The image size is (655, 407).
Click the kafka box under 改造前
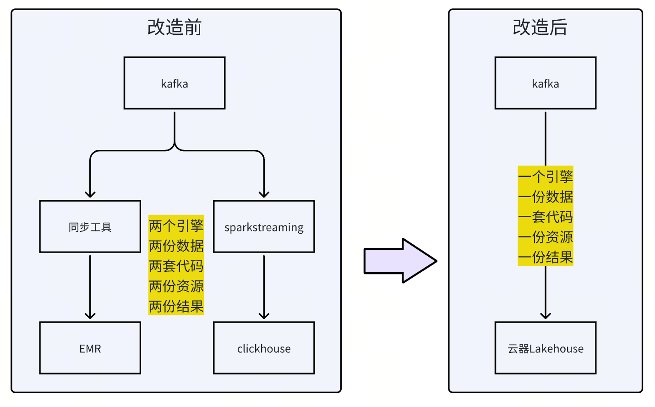coord(175,83)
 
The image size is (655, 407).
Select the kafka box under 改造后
coord(545,83)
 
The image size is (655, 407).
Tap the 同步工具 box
coord(90,226)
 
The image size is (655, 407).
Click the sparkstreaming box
coord(264,226)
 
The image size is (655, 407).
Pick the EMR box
coord(90,348)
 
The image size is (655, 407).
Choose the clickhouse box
coord(264,348)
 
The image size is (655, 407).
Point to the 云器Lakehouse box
coord(545,348)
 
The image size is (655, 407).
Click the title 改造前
coord(175,27)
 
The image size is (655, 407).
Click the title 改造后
coord(540,27)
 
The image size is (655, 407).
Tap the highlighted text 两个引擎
coord(176,225)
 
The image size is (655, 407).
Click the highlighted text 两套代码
coord(176,266)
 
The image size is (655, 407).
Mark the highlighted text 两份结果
coord(176,306)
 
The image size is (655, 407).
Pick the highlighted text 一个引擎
coord(546,176)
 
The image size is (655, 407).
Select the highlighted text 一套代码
coord(546,216)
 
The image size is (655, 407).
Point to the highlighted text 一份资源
coord(546,236)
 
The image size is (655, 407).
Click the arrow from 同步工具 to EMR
coord(90,286)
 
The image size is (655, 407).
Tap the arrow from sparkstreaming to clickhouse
coord(264,286)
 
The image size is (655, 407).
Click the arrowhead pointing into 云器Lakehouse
coord(545,316)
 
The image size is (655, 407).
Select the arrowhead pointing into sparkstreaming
coord(264,194)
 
